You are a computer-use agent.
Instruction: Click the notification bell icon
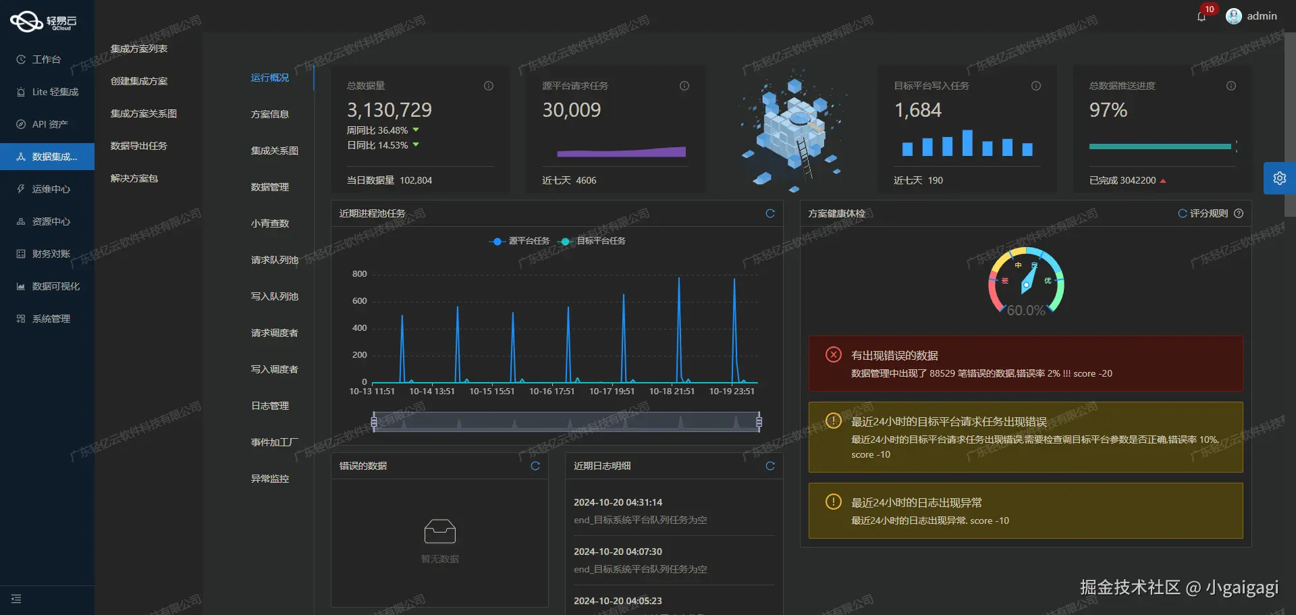[1201, 17]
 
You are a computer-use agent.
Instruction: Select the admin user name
[1262, 16]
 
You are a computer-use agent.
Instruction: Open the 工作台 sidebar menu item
[46, 59]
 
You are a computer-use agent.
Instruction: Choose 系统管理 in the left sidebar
[51, 319]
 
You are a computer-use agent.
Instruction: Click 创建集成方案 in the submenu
[139, 81]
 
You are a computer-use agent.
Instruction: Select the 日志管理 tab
[270, 406]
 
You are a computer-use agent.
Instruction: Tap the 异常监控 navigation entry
[270, 479]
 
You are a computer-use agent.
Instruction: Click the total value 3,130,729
[389, 110]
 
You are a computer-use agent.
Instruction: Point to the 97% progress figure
[1108, 110]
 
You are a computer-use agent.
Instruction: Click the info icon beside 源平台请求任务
[684, 86]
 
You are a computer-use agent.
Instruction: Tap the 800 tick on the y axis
[359, 274]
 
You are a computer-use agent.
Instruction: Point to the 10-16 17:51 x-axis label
[551, 392]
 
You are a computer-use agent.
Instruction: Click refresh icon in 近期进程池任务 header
[770, 213]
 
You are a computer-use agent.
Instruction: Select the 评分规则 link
[1208, 213]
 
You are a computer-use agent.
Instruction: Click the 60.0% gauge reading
[1025, 311]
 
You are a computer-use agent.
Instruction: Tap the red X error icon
[834, 354]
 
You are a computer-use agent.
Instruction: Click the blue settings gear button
[1279, 178]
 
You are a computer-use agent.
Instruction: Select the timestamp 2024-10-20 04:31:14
[618, 502]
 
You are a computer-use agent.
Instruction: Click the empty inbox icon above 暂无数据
[439, 532]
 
